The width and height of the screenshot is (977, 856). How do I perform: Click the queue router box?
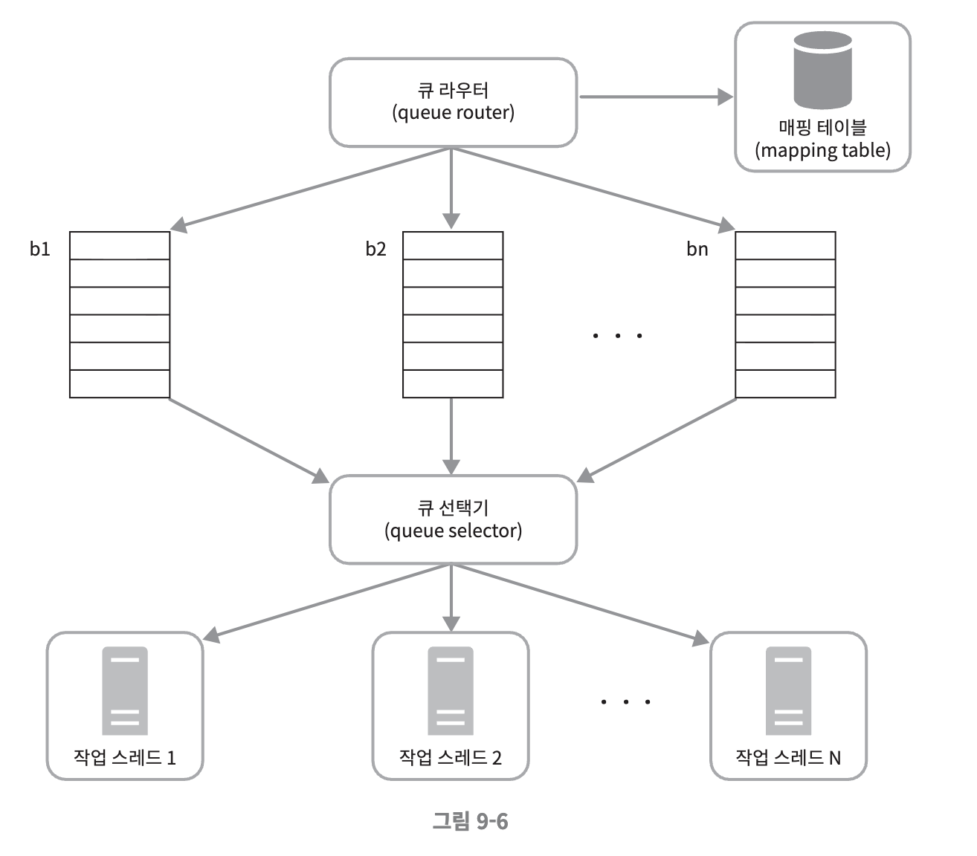point(453,103)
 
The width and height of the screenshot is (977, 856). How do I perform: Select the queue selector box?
point(453,519)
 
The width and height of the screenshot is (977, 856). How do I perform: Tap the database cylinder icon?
point(822,70)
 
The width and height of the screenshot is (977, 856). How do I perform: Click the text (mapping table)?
point(822,150)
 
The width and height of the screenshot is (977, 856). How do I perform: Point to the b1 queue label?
point(40,249)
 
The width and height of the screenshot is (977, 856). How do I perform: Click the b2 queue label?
point(375,249)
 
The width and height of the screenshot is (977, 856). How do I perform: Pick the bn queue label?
point(697,249)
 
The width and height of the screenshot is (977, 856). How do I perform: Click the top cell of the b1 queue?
point(120,245)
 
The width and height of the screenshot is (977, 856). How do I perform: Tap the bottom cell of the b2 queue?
point(453,383)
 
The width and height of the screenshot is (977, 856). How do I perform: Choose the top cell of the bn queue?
point(785,245)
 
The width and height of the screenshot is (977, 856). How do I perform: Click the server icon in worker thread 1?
point(125,690)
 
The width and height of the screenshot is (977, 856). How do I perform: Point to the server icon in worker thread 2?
point(451,690)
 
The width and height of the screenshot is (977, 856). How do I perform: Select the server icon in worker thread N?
point(789,690)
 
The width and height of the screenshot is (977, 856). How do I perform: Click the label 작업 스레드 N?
point(788,757)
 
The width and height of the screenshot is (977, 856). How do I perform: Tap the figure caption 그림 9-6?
point(470,821)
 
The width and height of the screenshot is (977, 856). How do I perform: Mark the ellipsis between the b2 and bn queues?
point(617,336)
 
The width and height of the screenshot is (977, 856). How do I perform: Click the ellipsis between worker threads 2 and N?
point(626,701)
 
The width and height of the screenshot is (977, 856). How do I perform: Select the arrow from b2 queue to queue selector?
point(451,435)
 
